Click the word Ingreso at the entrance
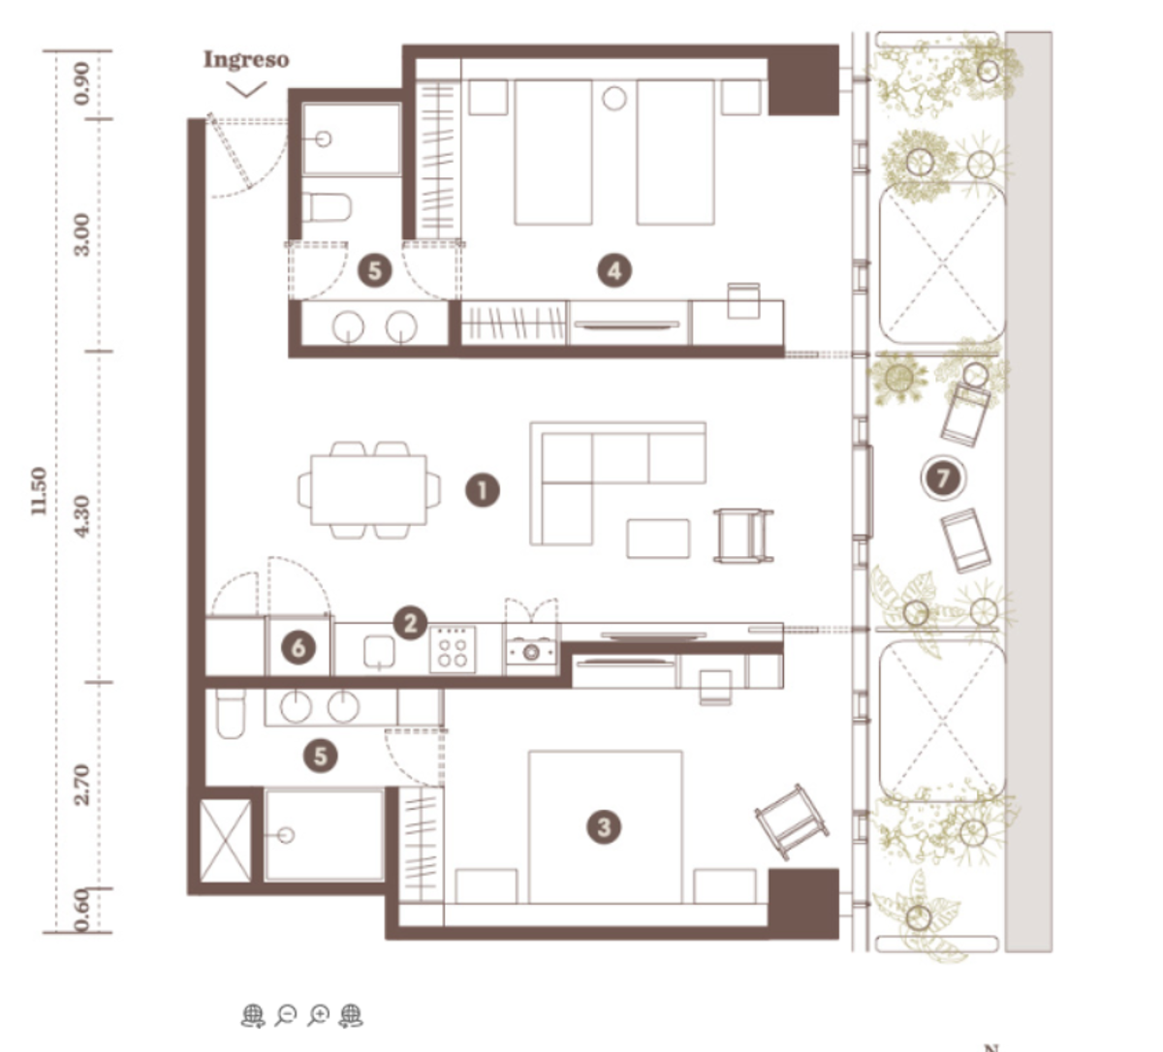coord(246,60)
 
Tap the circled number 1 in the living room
coord(483,491)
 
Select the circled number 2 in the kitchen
coord(411,623)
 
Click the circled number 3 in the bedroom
coord(604,827)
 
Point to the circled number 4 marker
coord(614,270)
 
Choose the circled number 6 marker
coord(299,647)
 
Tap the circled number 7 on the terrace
coord(943,478)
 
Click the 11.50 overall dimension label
coord(38,491)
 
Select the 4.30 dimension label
coord(83,516)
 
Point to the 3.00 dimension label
coord(83,234)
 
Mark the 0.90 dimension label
coord(83,83)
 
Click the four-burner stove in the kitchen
coord(453,650)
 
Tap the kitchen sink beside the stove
coord(379,652)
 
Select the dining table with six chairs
coord(368,490)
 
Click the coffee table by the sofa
coord(658,539)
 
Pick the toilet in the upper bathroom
coord(327,207)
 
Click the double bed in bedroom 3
coord(606,827)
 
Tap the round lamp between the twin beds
coord(613,98)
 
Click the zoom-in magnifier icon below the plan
coord(319,1015)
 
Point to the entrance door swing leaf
coord(230,151)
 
